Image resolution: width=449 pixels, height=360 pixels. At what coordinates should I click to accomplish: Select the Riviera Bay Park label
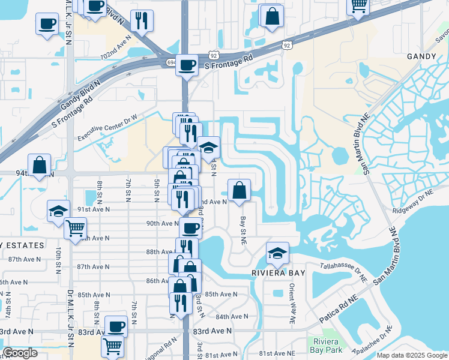click(x=327, y=345)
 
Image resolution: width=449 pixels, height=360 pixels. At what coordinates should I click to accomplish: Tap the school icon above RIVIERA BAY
click(x=277, y=253)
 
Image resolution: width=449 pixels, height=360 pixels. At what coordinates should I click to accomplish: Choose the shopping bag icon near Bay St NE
click(x=239, y=190)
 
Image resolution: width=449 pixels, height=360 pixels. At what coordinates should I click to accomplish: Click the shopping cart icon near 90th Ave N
click(x=75, y=228)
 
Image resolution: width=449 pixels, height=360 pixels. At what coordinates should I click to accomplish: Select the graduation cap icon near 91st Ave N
click(x=58, y=211)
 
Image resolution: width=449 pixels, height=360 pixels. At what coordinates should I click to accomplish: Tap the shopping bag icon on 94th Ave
click(x=39, y=165)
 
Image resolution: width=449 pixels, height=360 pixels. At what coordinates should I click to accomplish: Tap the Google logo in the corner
click(x=21, y=353)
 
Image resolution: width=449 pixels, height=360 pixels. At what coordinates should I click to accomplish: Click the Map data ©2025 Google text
click(x=411, y=355)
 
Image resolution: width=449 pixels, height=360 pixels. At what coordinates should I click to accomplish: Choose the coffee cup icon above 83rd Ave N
click(x=116, y=326)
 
